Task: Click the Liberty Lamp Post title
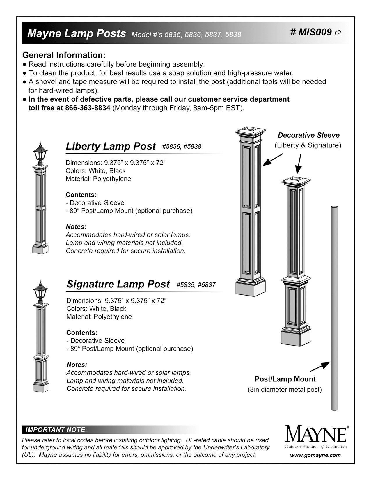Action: [x=111, y=146]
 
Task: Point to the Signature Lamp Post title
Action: [x=118, y=284]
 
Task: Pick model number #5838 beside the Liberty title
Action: [x=192, y=147]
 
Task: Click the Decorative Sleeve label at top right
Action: [x=308, y=135]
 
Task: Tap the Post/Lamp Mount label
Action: [x=285, y=379]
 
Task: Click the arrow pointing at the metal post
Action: [x=319, y=367]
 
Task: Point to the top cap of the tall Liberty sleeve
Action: [x=251, y=134]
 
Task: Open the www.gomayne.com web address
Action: [x=315, y=456]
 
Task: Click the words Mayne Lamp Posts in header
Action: [x=76, y=34]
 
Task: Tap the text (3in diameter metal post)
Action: [x=285, y=390]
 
